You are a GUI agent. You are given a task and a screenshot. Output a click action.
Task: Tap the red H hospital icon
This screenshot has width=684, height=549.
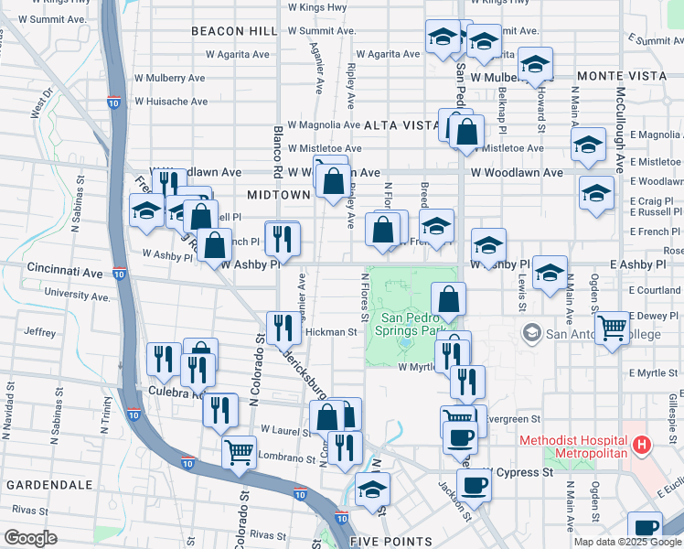pos(642,447)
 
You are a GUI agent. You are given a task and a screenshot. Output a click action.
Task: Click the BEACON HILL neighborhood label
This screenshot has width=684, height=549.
pos(234,31)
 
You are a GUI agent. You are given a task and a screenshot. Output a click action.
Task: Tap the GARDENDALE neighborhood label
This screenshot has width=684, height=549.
pos(48,484)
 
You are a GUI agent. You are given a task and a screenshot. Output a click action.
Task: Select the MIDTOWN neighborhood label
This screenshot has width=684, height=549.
pos(278,195)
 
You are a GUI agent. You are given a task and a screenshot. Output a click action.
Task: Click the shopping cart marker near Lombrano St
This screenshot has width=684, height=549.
pos(239,451)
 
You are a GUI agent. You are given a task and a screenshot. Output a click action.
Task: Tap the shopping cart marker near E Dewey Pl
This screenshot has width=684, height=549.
pos(612,326)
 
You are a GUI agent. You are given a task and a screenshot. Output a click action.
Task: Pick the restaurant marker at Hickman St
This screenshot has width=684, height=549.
pos(283,327)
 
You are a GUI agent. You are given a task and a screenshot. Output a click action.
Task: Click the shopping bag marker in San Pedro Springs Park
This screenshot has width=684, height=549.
pos(448,298)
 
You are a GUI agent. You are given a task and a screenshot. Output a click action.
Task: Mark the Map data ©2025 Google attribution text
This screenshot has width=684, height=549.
pos(626,542)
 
